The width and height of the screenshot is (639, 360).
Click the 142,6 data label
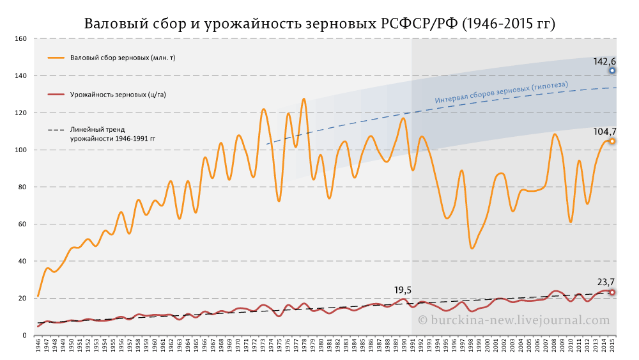coord(604,61)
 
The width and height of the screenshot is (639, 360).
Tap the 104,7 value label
coord(604,131)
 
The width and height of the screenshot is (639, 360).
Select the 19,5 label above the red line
coord(402,290)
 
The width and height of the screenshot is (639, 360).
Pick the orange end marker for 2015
coord(612,141)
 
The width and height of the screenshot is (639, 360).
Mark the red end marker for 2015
coord(612,292)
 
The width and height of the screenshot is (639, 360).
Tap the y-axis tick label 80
coord(22,187)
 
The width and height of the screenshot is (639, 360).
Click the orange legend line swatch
coord(57,58)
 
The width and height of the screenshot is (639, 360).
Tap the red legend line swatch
coord(57,95)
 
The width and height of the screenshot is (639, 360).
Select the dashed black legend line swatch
coord(57,130)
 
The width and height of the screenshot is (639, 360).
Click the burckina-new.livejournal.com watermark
coord(514,320)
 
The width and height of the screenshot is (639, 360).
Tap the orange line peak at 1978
coord(304,99)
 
